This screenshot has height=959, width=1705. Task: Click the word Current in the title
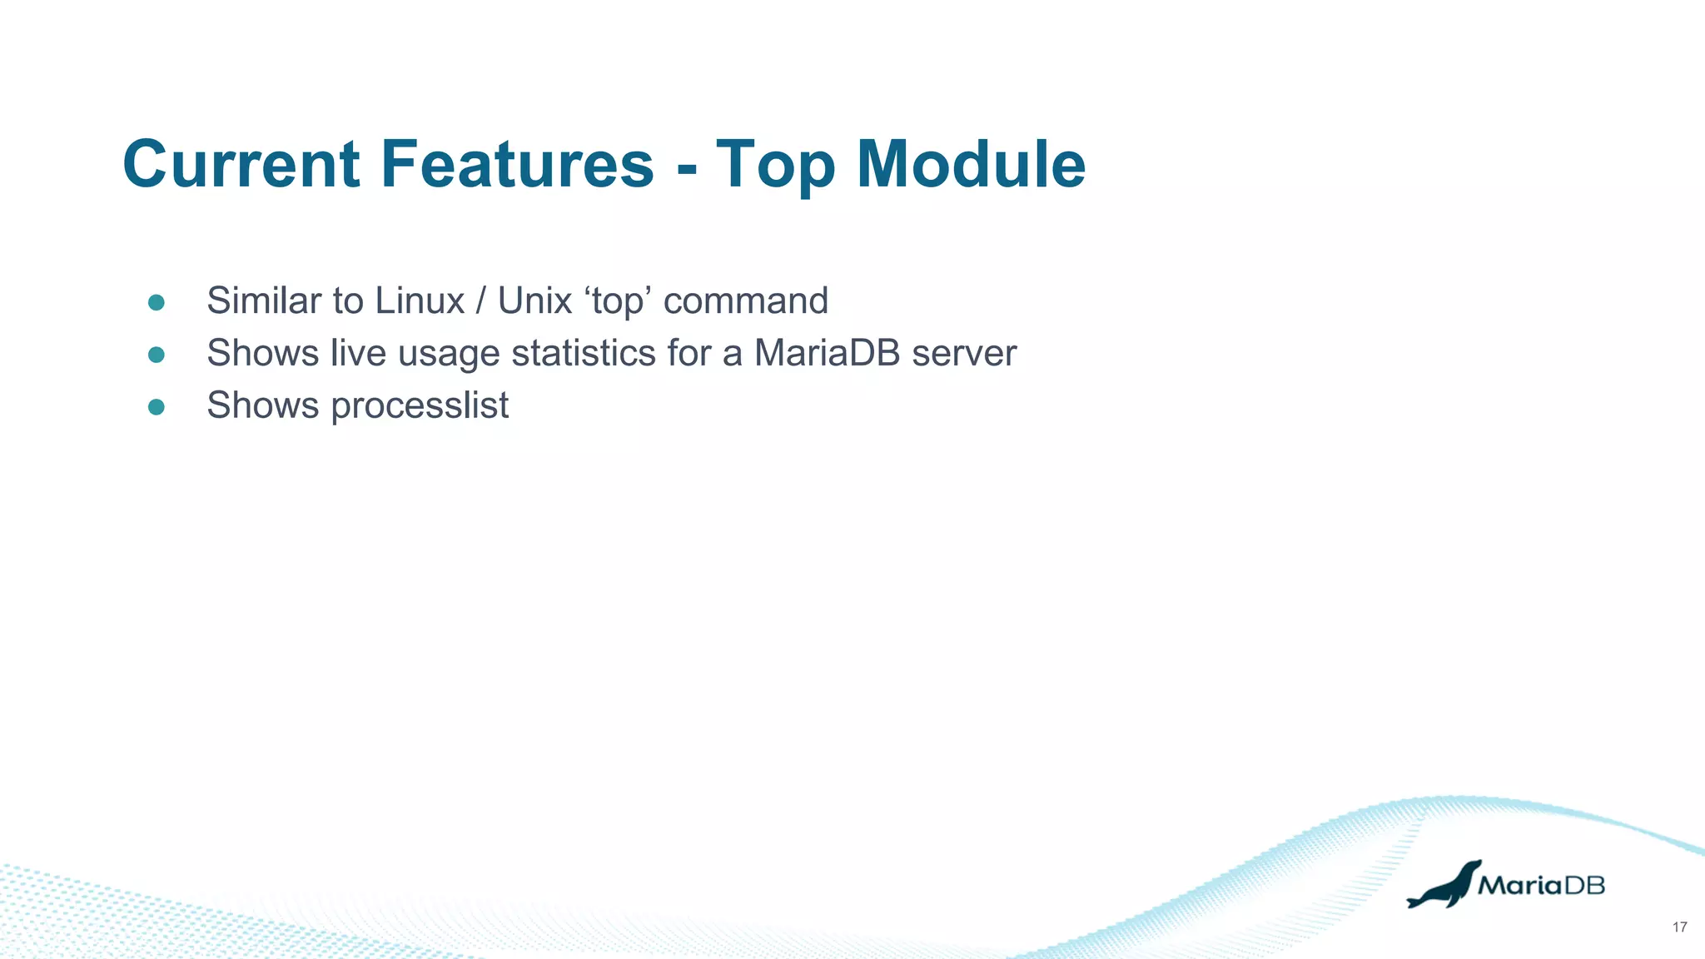[x=241, y=164]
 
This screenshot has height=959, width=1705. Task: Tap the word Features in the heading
[x=517, y=164]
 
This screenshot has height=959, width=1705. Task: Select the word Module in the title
[x=971, y=164]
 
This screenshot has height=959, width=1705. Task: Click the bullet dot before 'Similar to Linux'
[x=157, y=302]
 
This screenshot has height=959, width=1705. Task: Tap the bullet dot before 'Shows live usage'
[x=157, y=355]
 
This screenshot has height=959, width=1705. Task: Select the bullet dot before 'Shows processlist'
[x=157, y=407]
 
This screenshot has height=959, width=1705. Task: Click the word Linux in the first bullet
[x=420, y=301]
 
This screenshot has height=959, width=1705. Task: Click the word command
[x=745, y=301]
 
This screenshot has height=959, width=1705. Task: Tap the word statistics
[x=584, y=353]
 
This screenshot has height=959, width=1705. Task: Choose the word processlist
[x=420, y=406]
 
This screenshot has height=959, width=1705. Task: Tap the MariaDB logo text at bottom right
[x=1541, y=885]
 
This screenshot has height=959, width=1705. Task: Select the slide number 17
[x=1679, y=927]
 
